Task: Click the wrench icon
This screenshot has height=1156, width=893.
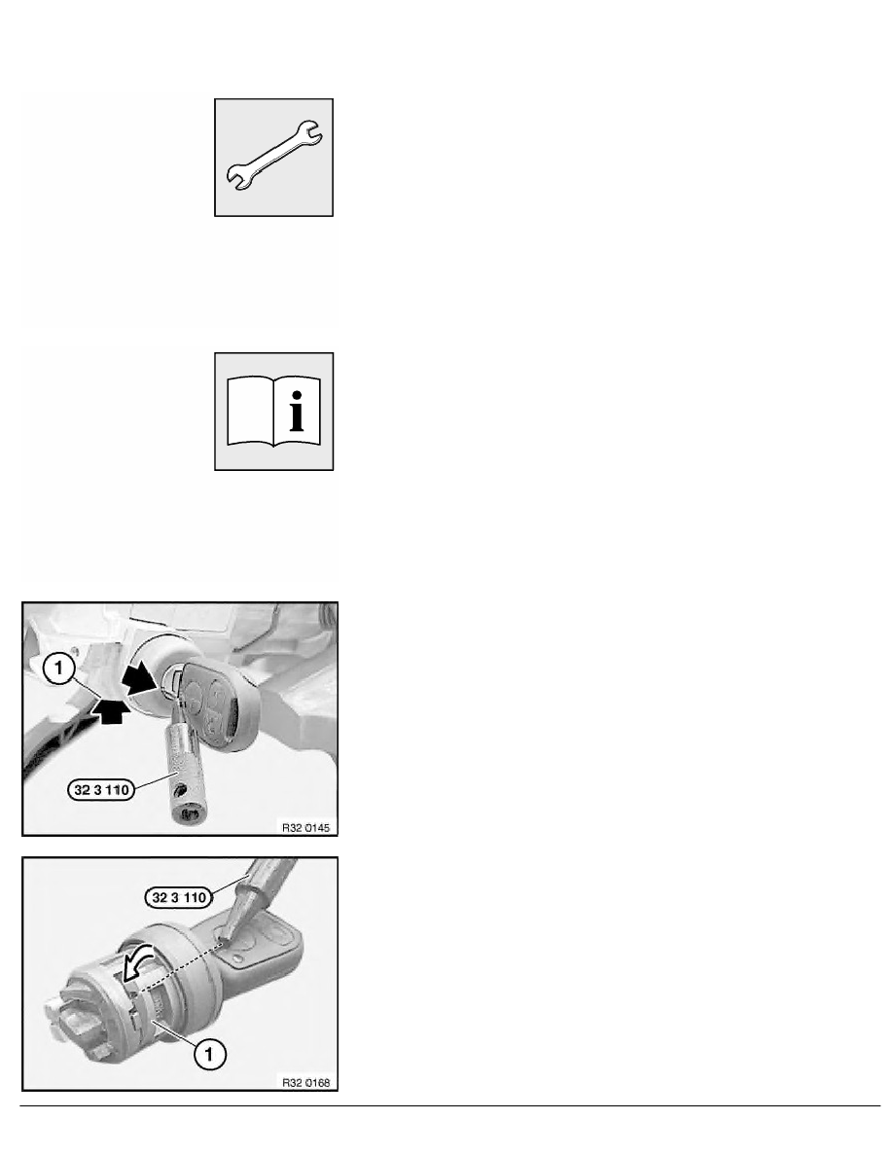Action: pos(273,156)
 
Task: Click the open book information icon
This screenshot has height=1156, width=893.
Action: pos(273,412)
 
